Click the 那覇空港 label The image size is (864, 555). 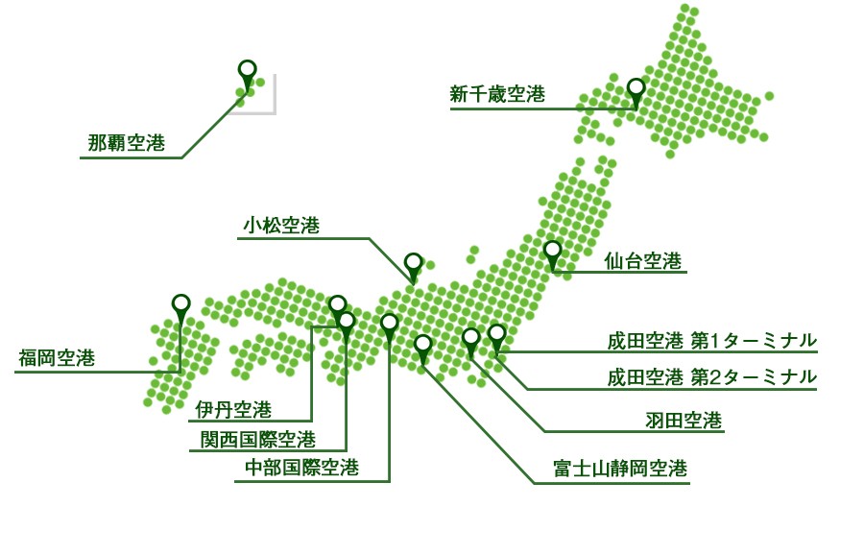tap(126, 143)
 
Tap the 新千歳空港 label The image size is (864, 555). tap(497, 94)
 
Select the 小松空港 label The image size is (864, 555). tap(281, 225)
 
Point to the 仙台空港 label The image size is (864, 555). tap(643, 260)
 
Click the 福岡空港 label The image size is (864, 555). tap(57, 358)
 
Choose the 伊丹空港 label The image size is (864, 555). tap(233, 409)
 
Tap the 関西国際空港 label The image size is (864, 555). tap(258, 439)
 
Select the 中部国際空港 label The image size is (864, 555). tap(302, 468)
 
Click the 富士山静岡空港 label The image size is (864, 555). tap(620, 469)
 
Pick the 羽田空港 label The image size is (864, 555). tap(684, 421)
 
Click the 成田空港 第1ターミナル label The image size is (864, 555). tap(712, 341)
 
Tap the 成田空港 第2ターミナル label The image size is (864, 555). tap(712, 377)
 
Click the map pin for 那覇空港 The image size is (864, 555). tap(248, 73)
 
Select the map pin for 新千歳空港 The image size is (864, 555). tap(636, 91)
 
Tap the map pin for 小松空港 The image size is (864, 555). tap(413, 266)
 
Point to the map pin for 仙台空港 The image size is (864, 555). tap(552, 254)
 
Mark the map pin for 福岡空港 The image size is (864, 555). tap(180, 307)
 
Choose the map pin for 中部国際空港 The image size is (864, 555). tap(389, 326)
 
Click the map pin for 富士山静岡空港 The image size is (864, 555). tap(422, 349)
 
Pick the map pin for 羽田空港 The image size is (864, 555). tap(470, 341)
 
